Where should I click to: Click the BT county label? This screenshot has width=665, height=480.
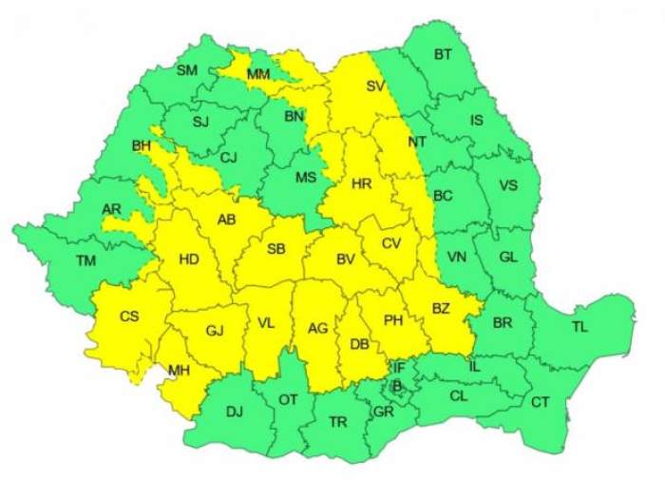coord(443,55)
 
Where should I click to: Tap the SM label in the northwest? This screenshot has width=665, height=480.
coord(187,69)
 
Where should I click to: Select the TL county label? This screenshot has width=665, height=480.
coord(579,327)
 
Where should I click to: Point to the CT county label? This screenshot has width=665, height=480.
coord(540,402)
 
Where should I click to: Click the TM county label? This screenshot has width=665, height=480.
coord(86,259)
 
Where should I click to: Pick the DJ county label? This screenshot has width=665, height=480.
coord(235,412)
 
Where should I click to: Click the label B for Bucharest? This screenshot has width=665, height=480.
coord(397,385)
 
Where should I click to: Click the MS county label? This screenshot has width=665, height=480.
coord(305,178)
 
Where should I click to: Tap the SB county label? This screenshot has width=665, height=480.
coord(275,249)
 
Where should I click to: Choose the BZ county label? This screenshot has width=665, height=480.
coord(441,308)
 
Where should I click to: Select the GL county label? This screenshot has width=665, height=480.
coord(508,257)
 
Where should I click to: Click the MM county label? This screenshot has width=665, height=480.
coord(257,74)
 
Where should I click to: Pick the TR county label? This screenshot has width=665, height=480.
coord(337,421)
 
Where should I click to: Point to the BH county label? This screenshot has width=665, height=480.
coord(142,146)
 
